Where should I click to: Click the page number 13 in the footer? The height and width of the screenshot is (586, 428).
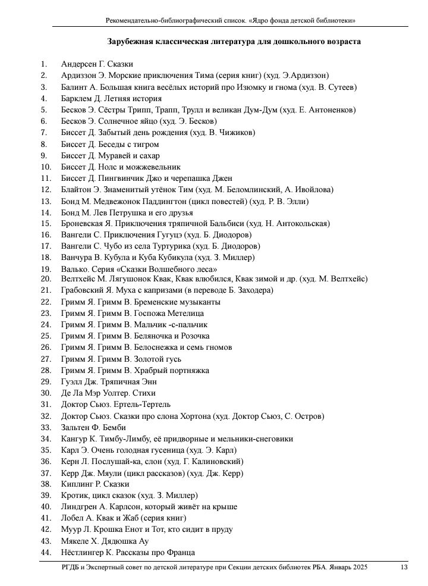pyautogui.click(x=404, y=568)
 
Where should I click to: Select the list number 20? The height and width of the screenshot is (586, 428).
pyautogui.click(x=46, y=279)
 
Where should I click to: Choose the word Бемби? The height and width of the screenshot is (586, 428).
pyautogui.click(x=112, y=428)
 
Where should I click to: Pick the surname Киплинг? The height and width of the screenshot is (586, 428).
pyautogui.click(x=76, y=484)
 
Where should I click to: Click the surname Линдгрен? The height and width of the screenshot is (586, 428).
pyautogui.click(x=78, y=507)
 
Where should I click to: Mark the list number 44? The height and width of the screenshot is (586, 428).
pyautogui.click(x=46, y=552)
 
